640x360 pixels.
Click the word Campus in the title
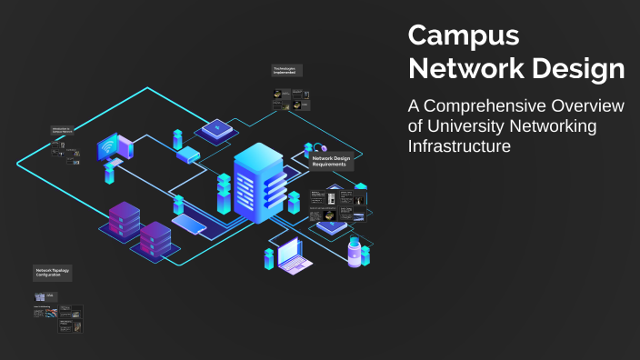coord(464,35)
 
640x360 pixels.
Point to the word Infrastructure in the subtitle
coord(460,145)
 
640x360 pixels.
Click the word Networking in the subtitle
coord(559,126)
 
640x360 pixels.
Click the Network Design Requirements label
coord(332,162)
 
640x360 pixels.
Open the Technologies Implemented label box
coord(286,71)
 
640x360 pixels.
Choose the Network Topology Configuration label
coord(53,272)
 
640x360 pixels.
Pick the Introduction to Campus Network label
coord(62,131)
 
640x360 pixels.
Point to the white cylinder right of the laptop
coord(353,251)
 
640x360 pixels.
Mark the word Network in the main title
coord(461,68)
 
